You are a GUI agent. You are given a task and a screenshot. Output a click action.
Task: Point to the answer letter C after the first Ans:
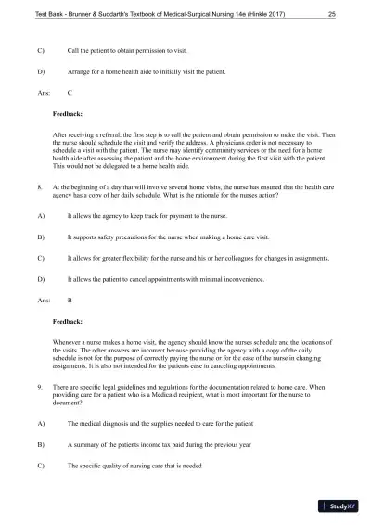point(71,93)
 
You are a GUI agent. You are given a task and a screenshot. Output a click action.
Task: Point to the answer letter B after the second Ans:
point(71,301)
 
